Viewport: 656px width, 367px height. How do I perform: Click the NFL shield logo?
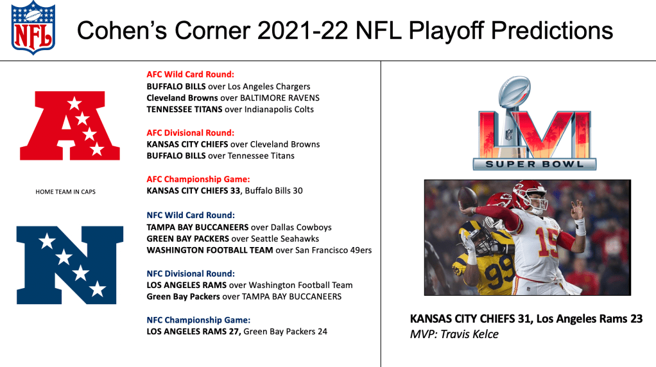(x=33, y=28)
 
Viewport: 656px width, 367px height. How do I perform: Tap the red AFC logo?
(x=70, y=125)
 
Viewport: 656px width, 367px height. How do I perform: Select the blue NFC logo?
(x=70, y=265)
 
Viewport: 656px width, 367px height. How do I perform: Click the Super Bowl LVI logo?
(x=534, y=123)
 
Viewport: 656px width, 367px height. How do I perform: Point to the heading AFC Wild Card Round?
(x=191, y=74)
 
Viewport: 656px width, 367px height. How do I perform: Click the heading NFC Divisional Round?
(x=191, y=274)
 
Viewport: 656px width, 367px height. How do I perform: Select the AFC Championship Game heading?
(x=198, y=179)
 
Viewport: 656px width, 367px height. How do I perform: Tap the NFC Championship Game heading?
(x=198, y=320)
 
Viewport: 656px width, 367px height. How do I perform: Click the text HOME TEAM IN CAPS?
(x=65, y=192)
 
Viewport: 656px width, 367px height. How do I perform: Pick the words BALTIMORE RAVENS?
(x=280, y=98)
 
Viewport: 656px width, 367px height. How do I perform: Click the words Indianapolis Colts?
(x=279, y=110)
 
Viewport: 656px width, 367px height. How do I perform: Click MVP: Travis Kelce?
(x=454, y=334)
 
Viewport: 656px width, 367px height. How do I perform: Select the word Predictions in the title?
(x=552, y=31)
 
